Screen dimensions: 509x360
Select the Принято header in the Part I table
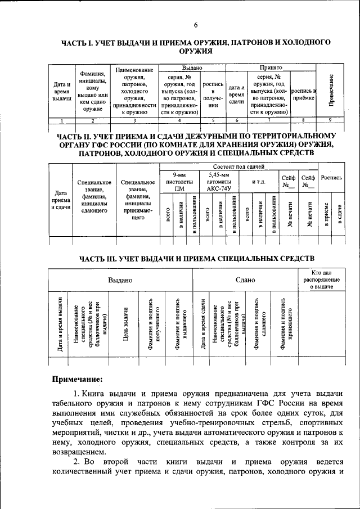pyautogui.click(x=271, y=67)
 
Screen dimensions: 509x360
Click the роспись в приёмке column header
pyautogui.click(x=303, y=94)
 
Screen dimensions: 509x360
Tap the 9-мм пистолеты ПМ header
pyautogui.click(x=178, y=182)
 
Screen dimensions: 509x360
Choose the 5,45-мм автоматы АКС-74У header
pyautogui.click(x=217, y=182)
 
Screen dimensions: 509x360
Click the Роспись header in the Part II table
pyautogui.click(x=331, y=178)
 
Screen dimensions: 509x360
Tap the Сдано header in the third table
pyautogui.click(x=245, y=280)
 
